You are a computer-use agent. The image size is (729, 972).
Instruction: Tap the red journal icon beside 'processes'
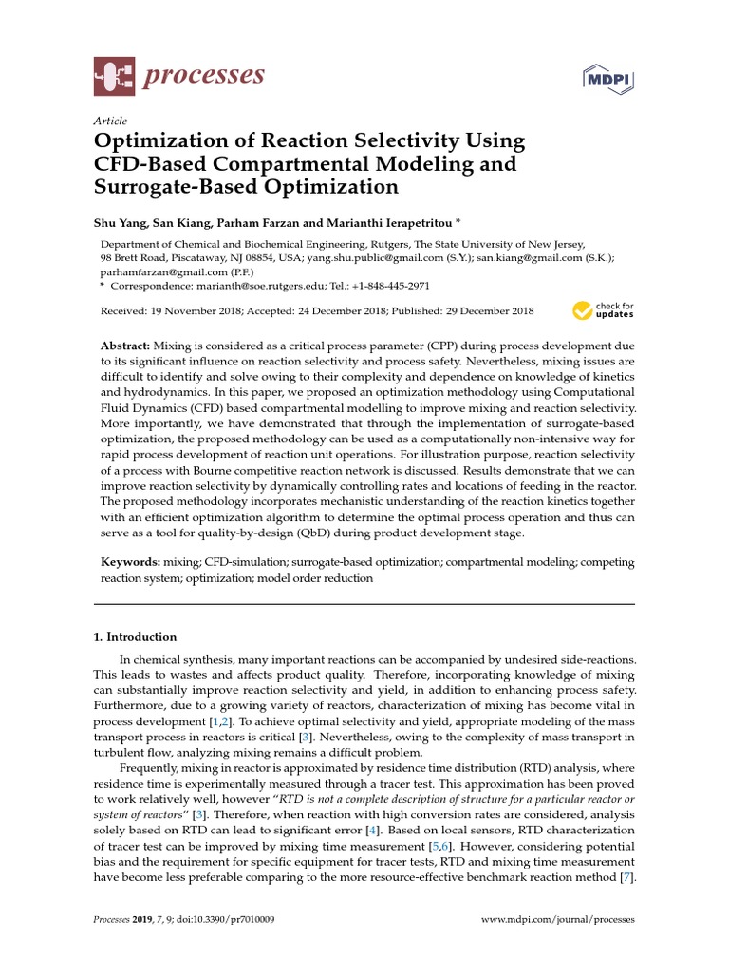click(113, 76)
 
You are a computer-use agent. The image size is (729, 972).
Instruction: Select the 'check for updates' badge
click(603, 310)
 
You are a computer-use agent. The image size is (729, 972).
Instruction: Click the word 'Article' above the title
click(109, 121)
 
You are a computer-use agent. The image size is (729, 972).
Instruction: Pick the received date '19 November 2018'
click(187, 311)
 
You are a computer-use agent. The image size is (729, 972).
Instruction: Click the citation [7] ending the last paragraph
click(626, 877)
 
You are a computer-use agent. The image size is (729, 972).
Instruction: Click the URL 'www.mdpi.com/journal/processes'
click(557, 920)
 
